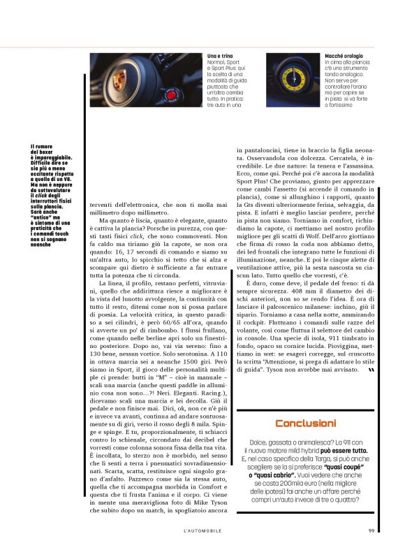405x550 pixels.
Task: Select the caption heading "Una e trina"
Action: click(x=221, y=55)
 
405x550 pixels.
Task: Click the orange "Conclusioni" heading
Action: click(x=305, y=424)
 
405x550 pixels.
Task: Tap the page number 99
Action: click(x=371, y=530)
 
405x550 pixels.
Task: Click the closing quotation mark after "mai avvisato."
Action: click(x=370, y=370)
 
